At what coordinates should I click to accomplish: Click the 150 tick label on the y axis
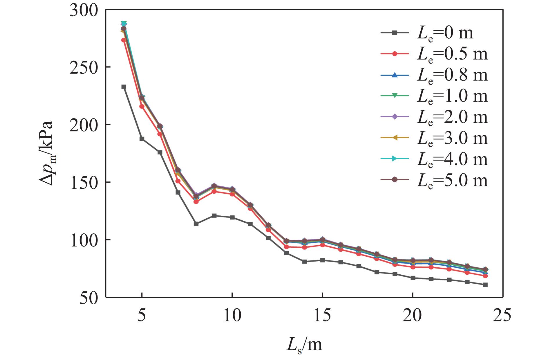tap(84, 182)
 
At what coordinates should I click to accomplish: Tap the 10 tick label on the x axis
tap(232, 316)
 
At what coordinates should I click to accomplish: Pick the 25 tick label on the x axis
tap(502, 316)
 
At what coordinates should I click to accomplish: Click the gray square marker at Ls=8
tap(196, 224)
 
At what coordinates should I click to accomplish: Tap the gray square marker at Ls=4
tap(124, 87)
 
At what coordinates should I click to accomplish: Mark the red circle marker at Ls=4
tap(124, 40)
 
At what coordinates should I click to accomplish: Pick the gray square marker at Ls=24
tap(485, 285)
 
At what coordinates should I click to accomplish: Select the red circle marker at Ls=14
tap(304, 247)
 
